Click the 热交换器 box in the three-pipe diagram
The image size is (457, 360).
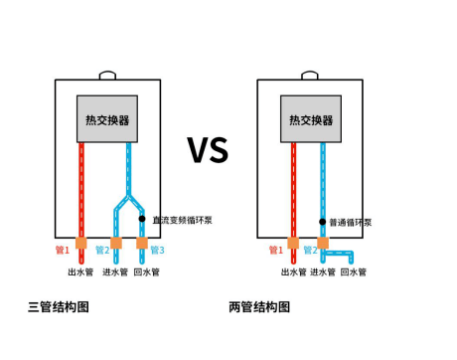click(107, 119)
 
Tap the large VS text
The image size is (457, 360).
click(208, 150)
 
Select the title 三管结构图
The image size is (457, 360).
click(59, 307)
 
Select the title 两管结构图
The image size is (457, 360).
click(259, 307)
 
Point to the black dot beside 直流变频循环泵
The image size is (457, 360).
click(142, 219)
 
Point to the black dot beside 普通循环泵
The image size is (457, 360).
click(322, 222)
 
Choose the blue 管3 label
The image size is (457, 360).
click(158, 250)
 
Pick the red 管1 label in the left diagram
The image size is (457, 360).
click(62, 250)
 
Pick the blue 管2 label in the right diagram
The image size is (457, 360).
click(310, 251)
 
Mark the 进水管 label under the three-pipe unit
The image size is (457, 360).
click(116, 271)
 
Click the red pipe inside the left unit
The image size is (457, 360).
click(81, 189)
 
